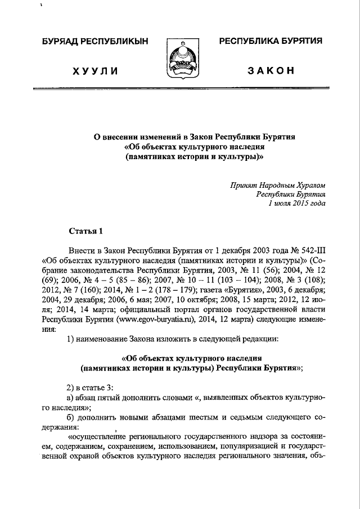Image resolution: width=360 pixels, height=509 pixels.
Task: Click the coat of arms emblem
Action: tap(179, 59)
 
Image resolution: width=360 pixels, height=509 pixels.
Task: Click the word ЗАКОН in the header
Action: tap(271, 70)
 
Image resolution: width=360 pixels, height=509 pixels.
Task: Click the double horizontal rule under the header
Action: tap(179, 90)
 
